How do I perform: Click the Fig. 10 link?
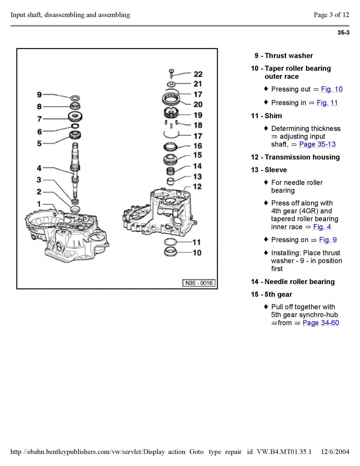click(332, 89)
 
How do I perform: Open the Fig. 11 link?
click(327, 103)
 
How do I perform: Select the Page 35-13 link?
click(317, 144)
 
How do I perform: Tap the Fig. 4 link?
click(322, 227)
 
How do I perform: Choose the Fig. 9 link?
click(328, 240)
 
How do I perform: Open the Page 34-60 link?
click(321, 323)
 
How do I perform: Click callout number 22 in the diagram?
click(198, 74)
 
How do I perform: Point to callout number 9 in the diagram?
click(39, 94)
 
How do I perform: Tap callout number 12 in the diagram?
click(197, 186)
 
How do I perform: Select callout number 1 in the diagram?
click(39, 203)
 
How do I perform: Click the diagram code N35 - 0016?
click(198, 283)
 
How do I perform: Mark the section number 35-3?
click(343, 33)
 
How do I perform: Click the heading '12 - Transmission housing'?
click(295, 157)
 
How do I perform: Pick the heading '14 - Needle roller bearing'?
click(292, 282)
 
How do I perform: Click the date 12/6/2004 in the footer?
click(336, 452)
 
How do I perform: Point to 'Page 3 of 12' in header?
click(331, 15)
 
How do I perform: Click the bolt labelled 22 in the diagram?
click(171, 72)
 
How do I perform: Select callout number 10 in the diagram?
click(197, 253)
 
